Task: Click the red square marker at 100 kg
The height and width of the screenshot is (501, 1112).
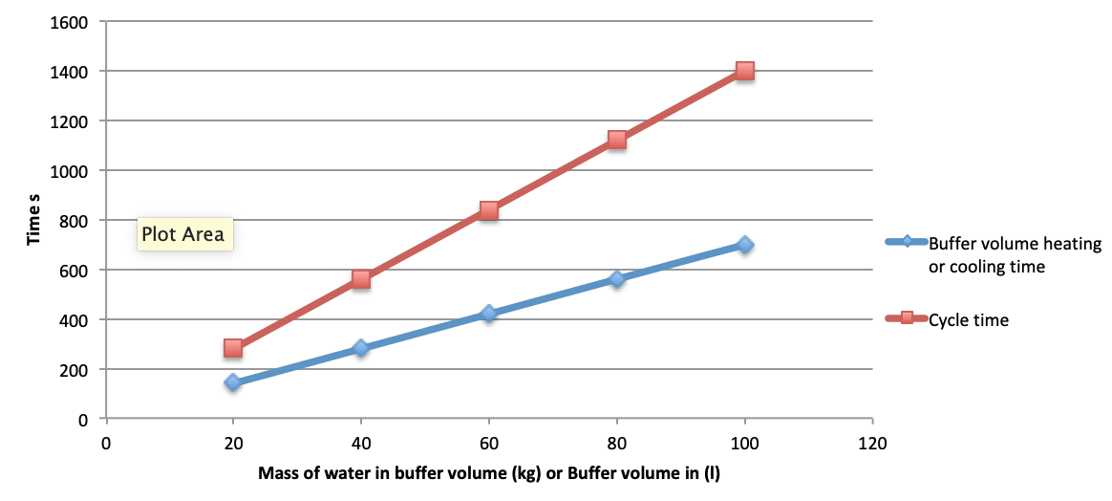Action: coord(744,71)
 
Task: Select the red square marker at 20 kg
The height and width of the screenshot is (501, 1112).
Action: coord(232,348)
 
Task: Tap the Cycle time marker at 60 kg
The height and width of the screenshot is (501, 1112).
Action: coord(488,210)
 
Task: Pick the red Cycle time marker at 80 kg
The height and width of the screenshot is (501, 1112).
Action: coord(617,140)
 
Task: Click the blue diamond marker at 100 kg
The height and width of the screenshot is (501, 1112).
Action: coord(744,245)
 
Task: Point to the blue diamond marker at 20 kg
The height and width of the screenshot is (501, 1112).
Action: coord(232,383)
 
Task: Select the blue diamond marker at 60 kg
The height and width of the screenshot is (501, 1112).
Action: coord(488,314)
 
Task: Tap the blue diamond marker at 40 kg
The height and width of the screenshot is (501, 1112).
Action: coord(361,348)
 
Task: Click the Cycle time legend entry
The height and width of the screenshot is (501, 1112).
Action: coord(948,320)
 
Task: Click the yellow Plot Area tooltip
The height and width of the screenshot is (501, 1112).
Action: coord(183,234)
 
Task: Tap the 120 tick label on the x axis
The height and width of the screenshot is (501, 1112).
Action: coord(872,444)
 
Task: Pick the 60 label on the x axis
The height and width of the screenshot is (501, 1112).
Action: coord(488,444)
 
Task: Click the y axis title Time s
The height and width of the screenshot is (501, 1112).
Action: coord(34,221)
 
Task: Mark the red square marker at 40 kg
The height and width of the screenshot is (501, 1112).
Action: coord(361,279)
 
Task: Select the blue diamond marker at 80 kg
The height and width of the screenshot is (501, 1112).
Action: coord(617,279)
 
